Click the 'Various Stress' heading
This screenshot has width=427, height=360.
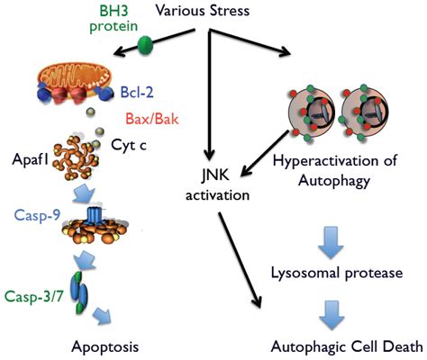click(203, 11)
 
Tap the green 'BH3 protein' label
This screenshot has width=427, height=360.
click(114, 19)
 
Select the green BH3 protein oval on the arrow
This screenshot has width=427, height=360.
click(145, 44)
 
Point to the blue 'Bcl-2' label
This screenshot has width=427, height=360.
click(137, 92)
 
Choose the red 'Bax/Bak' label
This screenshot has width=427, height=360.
click(152, 119)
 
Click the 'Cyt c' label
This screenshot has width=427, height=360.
click(129, 145)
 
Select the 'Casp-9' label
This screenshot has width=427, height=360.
click(38, 215)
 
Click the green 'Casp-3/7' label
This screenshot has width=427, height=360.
click(34, 297)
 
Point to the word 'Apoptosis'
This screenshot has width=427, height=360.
click(105, 347)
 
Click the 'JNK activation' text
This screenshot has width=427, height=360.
click(217, 184)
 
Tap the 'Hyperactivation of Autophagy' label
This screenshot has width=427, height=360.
click(335, 171)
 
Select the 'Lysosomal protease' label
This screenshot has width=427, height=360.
click(337, 273)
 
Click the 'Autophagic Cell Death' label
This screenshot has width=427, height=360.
click(347, 347)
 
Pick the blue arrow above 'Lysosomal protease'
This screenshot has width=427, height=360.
click(331, 242)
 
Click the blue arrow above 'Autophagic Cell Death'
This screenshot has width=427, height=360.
click(332, 316)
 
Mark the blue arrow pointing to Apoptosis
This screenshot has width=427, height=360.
click(102, 316)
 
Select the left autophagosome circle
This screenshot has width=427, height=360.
click(312, 112)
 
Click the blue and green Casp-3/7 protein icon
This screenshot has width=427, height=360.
click(78, 292)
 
